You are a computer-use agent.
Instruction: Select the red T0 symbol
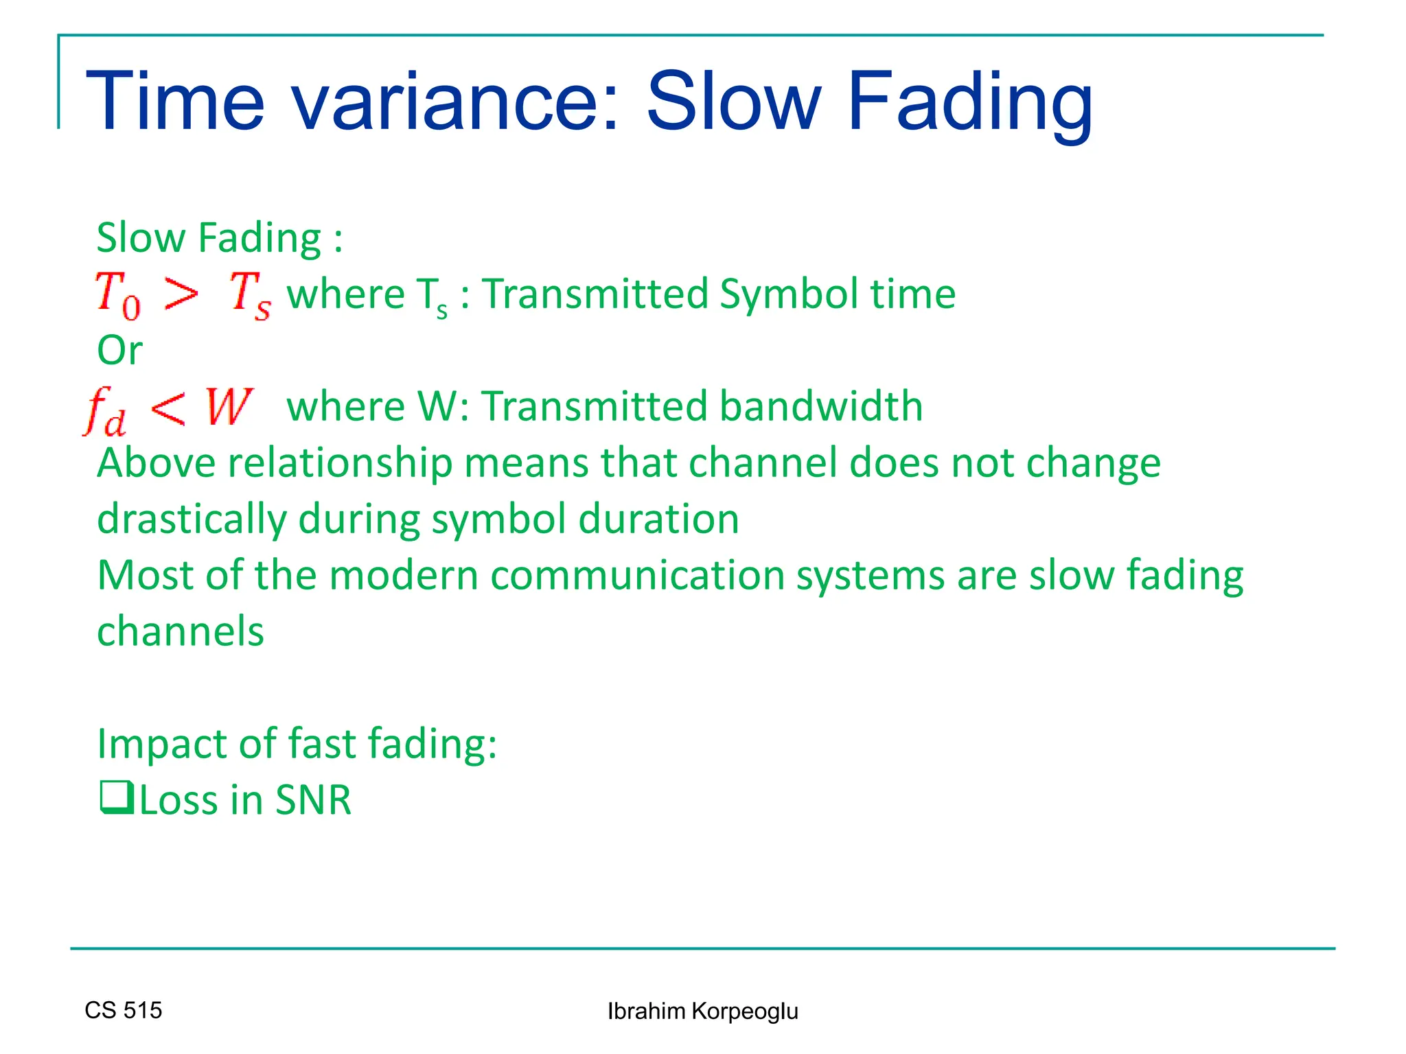pyautogui.click(x=118, y=295)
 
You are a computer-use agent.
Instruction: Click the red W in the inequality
pyautogui.click(x=229, y=407)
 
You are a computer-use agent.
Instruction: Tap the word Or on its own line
pyautogui.click(x=120, y=351)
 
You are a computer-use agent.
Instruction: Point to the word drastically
pyautogui.click(x=192, y=519)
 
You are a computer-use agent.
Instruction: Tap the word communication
pyautogui.click(x=637, y=575)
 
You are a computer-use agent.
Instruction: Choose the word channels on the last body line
pyautogui.click(x=181, y=631)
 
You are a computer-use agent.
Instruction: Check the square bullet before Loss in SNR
pyautogui.click(x=116, y=798)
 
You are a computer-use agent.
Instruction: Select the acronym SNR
pyautogui.click(x=313, y=800)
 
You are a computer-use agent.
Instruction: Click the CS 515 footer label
pyautogui.click(x=124, y=1010)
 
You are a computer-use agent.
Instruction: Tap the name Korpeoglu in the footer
pyautogui.click(x=744, y=1011)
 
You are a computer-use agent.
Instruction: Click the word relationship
pyautogui.click(x=341, y=463)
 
